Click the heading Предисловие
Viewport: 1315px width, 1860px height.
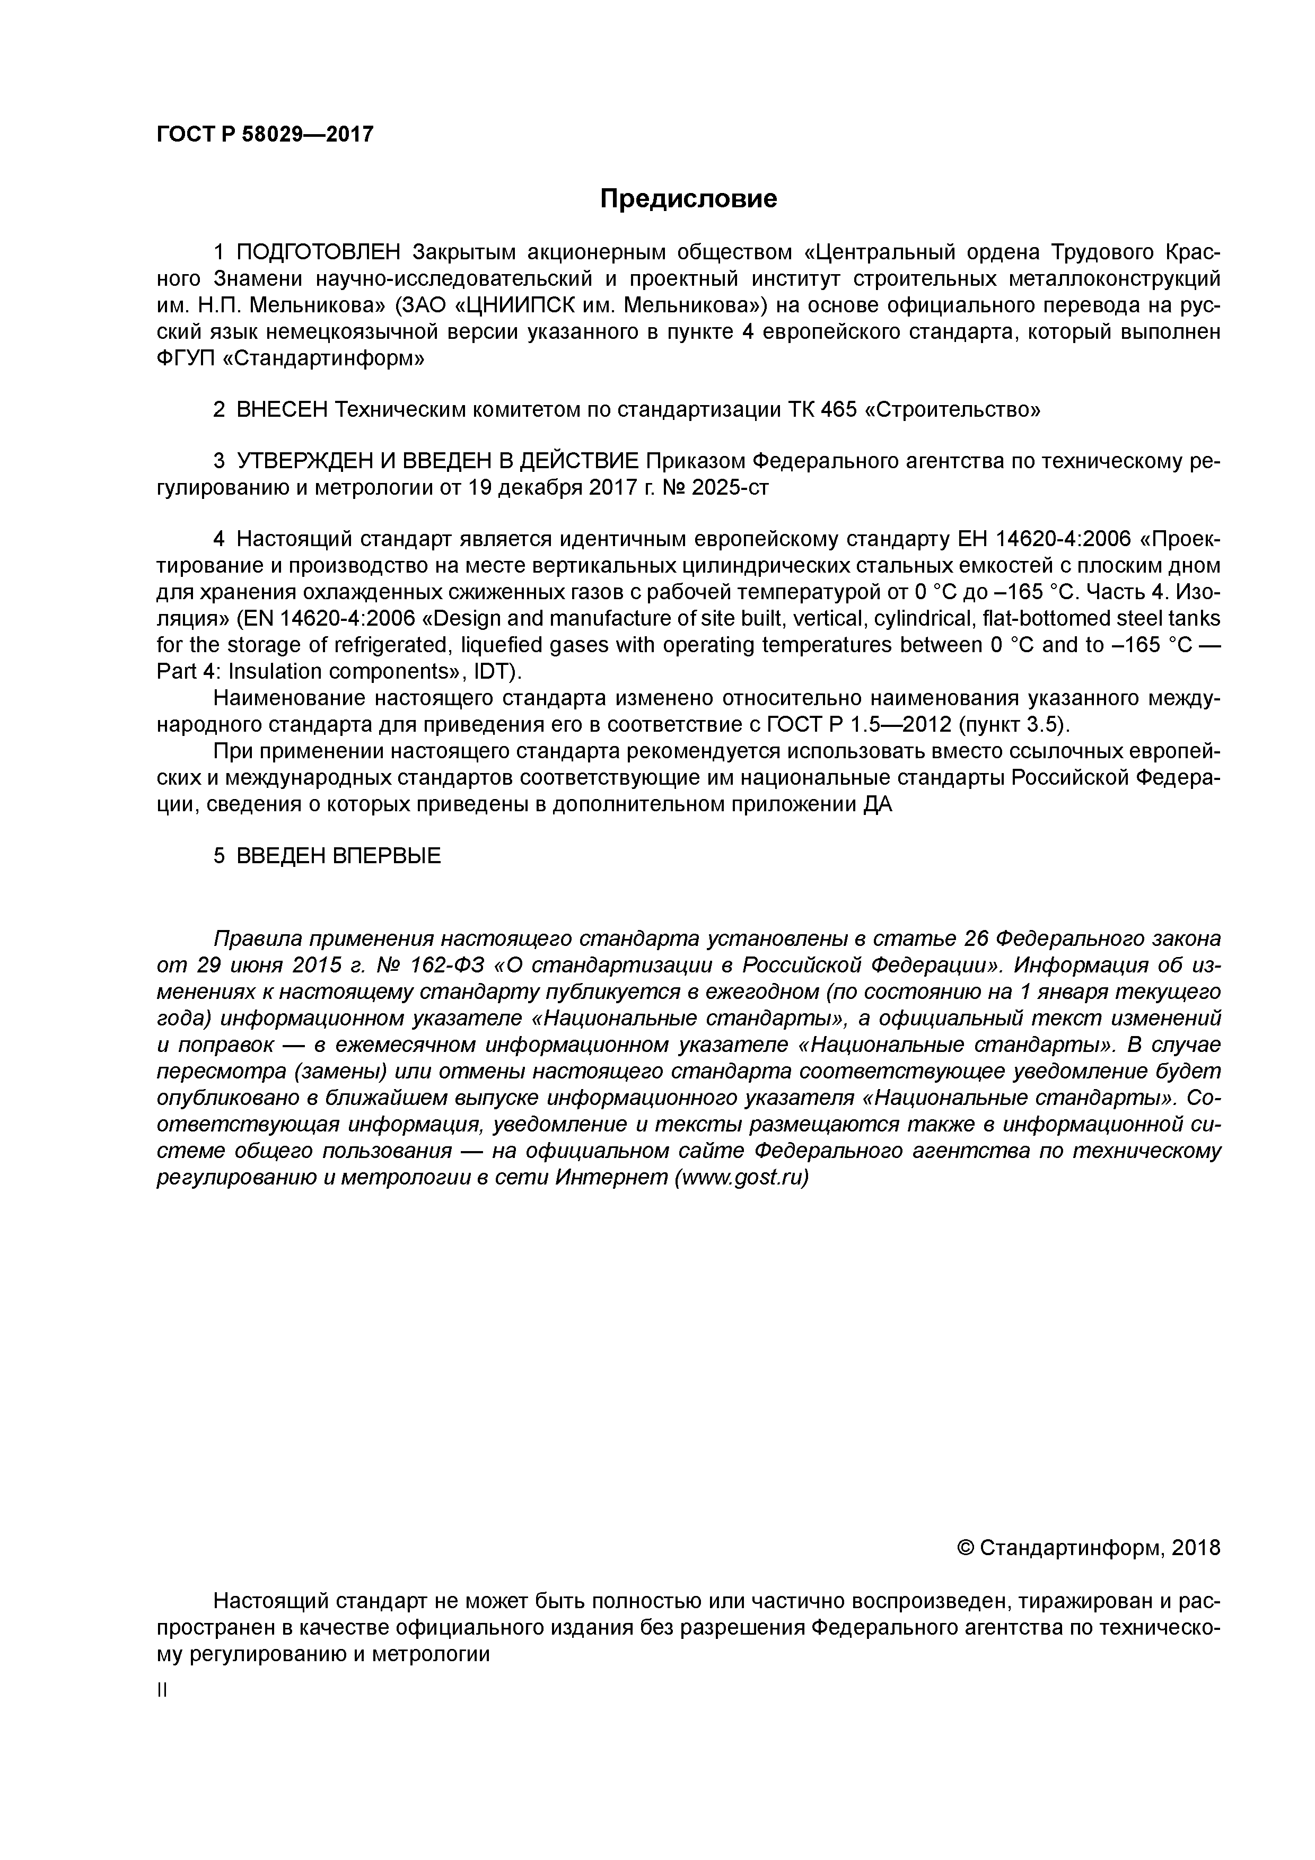688,198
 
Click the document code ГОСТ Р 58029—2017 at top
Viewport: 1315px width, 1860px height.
265,135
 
